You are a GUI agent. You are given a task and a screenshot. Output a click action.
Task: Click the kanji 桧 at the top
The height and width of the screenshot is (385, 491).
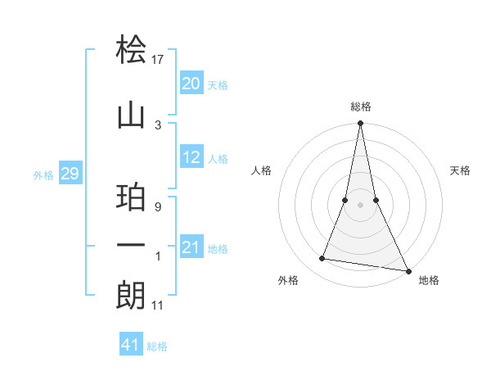(131, 51)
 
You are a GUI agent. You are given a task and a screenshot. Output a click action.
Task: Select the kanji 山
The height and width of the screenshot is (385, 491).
(131, 116)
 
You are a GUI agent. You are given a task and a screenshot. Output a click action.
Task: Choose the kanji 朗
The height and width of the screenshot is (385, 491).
(131, 295)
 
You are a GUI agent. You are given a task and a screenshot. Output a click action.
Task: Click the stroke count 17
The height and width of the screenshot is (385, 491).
(158, 59)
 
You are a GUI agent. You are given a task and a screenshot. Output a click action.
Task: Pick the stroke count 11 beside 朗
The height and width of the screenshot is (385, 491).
(159, 306)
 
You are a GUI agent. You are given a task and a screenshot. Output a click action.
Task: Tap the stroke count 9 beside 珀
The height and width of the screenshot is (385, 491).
(157, 207)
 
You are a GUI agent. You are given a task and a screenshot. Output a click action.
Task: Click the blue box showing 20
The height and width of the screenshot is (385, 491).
(191, 84)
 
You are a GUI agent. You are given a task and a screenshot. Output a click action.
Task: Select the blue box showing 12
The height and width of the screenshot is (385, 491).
(191, 157)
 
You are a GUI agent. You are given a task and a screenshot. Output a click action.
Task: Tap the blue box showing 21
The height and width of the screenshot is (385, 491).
(191, 247)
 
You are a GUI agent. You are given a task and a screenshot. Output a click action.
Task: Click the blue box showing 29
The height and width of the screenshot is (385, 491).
(70, 174)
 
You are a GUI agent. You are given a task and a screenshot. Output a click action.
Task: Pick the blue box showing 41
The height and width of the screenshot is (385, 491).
(131, 345)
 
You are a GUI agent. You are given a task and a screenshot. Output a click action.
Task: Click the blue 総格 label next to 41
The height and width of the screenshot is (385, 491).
(157, 346)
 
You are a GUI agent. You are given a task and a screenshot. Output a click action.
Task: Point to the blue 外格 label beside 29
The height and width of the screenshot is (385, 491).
(43, 175)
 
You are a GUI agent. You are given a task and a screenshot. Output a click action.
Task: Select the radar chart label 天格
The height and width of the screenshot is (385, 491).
(461, 170)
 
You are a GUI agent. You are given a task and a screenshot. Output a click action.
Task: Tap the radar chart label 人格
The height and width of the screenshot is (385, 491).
(262, 170)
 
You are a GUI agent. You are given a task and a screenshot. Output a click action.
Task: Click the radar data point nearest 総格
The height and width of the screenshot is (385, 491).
(360, 124)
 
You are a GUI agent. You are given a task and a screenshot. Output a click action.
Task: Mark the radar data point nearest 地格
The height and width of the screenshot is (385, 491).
(407, 269)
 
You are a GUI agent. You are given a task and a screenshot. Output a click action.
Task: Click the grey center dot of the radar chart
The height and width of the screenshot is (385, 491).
(360, 205)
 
